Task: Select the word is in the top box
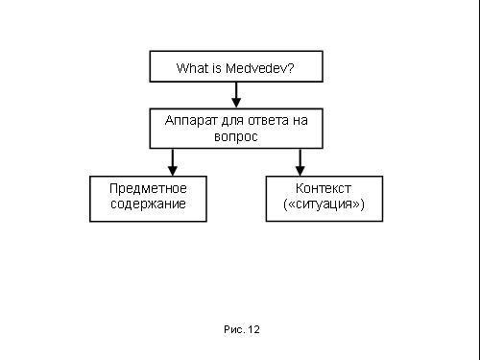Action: pyautogui.click(x=217, y=68)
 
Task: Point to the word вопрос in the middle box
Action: pyautogui.click(x=235, y=136)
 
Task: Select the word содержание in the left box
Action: pyautogui.click(x=148, y=204)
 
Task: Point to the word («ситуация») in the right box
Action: pyautogui.click(x=324, y=204)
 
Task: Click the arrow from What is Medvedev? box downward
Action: pyautogui.click(x=236, y=95)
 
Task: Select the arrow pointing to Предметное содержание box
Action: pyautogui.click(x=173, y=161)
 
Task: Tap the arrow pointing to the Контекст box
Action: pyautogui.click(x=300, y=161)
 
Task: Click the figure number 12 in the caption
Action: pyautogui.click(x=253, y=329)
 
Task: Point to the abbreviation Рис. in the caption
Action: pyautogui.click(x=234, y=329)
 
